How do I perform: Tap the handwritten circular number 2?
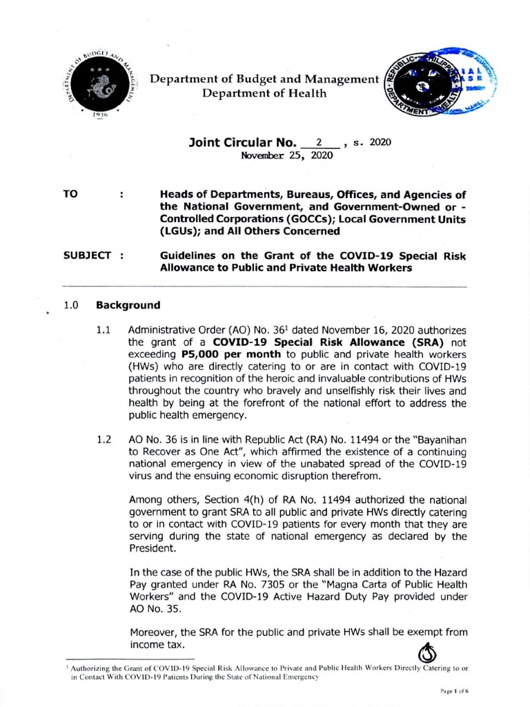click(319, 142)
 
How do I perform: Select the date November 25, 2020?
click(286, 155)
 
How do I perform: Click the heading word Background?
click(128, 304)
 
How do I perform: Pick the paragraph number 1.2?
click(104, 439)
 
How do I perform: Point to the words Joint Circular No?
click(242, 143)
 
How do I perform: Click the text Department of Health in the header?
click(264, 93)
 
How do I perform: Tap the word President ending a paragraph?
click(153, 548)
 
